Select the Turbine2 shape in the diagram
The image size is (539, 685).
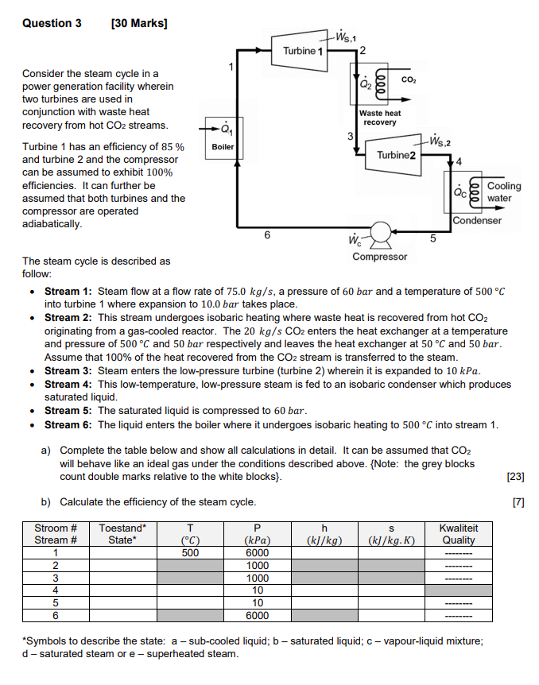[x=396, y=154]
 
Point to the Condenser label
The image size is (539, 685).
[x=478, y=220]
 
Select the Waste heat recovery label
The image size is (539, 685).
[x=379, y=118]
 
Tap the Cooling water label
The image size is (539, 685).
[x=504, y=192]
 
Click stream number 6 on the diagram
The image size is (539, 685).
[x=266, y=234]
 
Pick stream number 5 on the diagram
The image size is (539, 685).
[x=433, y=237]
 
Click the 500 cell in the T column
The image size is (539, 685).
[x=189, y=553]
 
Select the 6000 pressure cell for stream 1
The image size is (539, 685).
[x=257, y=553]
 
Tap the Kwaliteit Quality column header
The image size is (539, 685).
[x=459, y=534]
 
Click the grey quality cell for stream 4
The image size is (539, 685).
[x=459, y=590]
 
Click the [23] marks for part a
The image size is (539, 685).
[x=514, y=477]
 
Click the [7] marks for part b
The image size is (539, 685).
[x=518, y=502]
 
